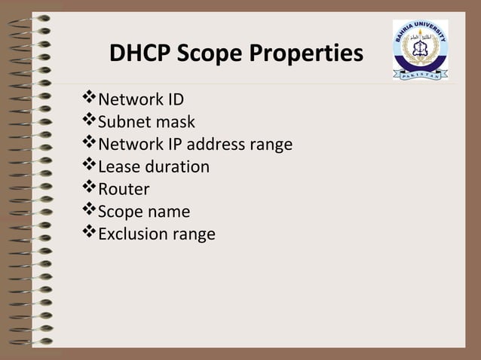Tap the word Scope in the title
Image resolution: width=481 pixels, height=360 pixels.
tap(207, 55)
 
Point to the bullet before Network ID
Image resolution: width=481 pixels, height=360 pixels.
tap(90, 99)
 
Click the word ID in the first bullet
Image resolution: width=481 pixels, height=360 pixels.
tap(173, 99)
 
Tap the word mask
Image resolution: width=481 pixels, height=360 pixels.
tap(176, 122)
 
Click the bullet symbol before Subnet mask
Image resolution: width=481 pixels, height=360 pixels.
tap(90, 121)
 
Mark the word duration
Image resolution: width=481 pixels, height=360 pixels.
tap(177, 166)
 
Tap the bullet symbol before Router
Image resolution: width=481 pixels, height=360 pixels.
tap(90, 188)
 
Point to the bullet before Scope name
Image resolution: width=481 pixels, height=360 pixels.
tap(90, 211)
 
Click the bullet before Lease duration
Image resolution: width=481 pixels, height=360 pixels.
tap(90, 166)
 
